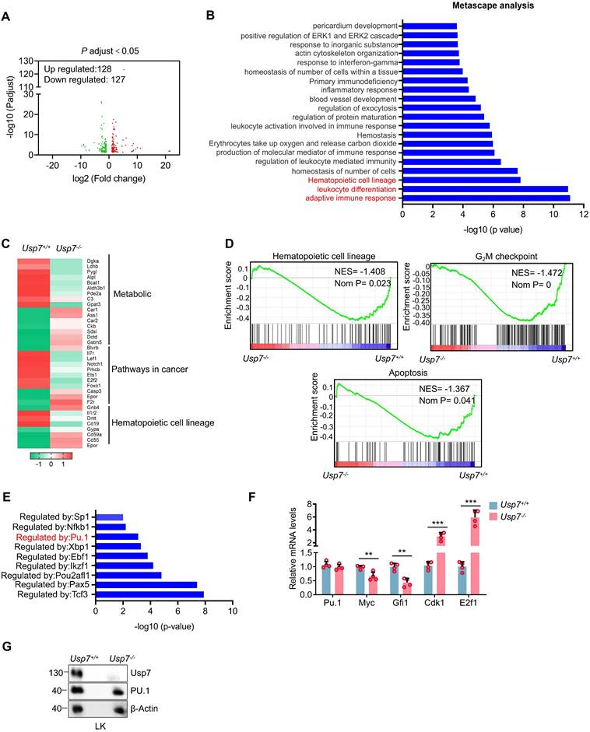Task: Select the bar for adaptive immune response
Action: [x=486, y=198]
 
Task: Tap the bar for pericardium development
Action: [x=430, y=26]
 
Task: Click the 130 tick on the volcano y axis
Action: [x=34, y=60]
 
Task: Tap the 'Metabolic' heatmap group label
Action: [x=141, y=295]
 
